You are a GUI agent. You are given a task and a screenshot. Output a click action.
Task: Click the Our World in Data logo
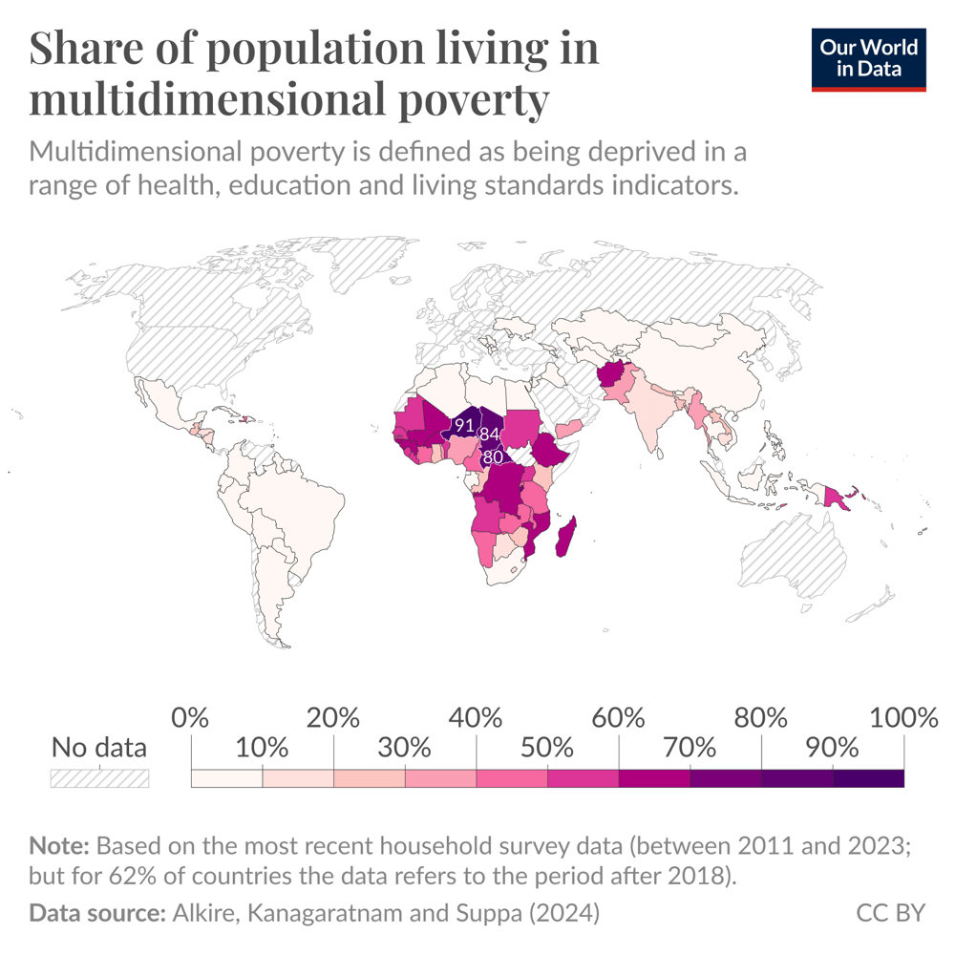coord(868,59)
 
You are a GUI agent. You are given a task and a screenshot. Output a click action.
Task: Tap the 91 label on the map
coord(465,425)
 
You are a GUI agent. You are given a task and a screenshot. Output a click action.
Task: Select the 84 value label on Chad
coord(491,435)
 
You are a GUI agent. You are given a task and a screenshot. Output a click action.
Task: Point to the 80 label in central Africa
coord(493,457)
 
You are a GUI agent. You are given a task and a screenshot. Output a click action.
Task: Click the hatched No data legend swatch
coord(99,777)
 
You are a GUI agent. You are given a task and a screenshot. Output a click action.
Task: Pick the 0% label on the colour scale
coord(191,717)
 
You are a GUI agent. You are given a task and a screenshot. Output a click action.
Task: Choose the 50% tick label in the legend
coord(547,747)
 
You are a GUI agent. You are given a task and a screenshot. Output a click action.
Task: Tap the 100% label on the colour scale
coord(902,717)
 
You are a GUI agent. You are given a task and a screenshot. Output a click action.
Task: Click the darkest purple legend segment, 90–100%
coord(868,777)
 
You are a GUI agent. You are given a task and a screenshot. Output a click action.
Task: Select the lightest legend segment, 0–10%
coord(227,777)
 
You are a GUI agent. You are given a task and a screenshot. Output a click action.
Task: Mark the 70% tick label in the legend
coord(690,747)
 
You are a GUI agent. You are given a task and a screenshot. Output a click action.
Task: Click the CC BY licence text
coord(890,912)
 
